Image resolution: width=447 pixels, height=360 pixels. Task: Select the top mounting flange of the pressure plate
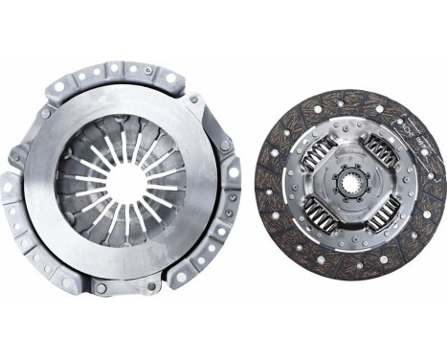115,72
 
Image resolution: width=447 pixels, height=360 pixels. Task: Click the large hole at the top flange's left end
59,87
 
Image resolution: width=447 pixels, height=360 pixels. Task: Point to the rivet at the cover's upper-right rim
193,99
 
